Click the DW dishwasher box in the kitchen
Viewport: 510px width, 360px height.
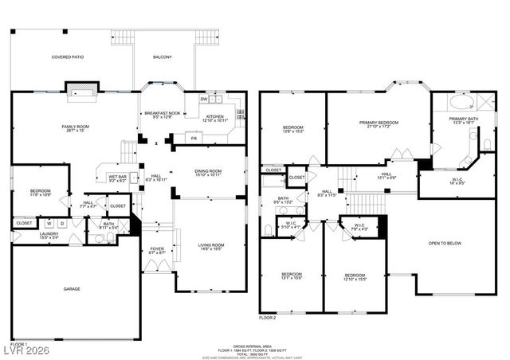pos(205,100)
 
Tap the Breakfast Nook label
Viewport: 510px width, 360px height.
pos(162,115)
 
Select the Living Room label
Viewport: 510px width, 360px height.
pos(210,246)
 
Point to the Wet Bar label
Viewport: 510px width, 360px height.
pos(118,178)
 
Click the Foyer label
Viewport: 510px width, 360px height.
pos(157,251)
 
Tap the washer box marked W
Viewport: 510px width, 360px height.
pos(49,224)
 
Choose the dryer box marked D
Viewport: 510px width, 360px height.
pos(61,224)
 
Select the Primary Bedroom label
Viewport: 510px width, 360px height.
pos(379,123)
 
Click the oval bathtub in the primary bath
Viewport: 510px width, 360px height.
pos(461,102)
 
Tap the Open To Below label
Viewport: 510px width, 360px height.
pos(446,243)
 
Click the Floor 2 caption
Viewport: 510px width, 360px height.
pos(267,317)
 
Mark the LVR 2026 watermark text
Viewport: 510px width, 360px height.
pos(25,348)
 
